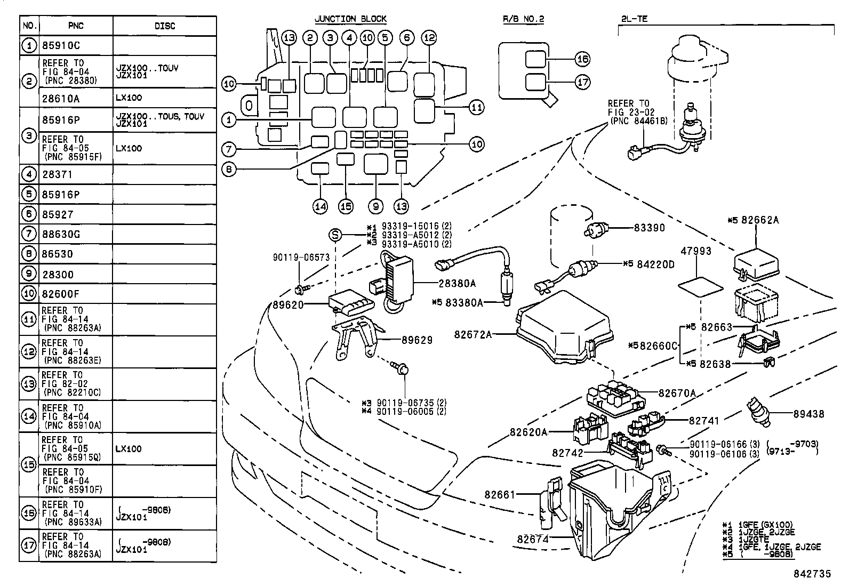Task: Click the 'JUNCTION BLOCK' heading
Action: pos(350,19)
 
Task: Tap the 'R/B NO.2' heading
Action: pos(523,19)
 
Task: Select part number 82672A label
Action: pos(472,334)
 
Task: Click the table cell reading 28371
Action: pos(57,174)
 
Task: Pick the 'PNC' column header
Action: pos(76,26)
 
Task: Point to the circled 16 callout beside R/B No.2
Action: pos(582,59)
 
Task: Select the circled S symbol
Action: pos(335,235)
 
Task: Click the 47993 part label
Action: pos(696,251)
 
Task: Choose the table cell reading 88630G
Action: pos(61,234)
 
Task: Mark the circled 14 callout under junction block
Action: pos(320,207)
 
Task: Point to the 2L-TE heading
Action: pos(634,19)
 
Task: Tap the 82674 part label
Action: pos(532,539)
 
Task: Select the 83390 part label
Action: pos(649,228)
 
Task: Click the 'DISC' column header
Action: pos(164,26)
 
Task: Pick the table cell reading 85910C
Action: pos(61,46)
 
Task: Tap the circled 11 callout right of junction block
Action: pos(476,107)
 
